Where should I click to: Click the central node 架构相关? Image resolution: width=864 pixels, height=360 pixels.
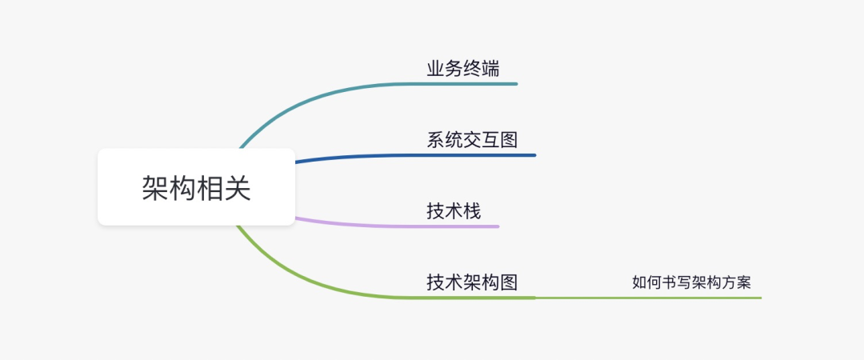(x=196, y=187)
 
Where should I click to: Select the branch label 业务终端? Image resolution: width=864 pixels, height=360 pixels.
(x=463, y=68)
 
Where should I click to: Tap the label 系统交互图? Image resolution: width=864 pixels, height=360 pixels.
(x=472, y=139)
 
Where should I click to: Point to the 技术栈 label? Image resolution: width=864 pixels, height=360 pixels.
(x=454, y=211)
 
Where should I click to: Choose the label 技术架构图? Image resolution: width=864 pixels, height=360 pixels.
(x=472, y=282)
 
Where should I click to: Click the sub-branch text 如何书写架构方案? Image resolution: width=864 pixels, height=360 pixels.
(x=691, y=282)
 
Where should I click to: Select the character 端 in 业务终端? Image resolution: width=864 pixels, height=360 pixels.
(x=490, y=68)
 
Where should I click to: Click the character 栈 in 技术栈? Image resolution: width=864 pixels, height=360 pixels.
(x=472, y=211)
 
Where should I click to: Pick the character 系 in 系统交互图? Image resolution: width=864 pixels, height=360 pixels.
(x=436, y=139)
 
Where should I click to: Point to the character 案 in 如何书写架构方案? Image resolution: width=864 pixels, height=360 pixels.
(x=744, y=282)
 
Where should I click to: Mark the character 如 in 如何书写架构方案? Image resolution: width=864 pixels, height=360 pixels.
(x=639, y=282)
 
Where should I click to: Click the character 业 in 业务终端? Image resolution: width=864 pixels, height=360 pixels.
(x=436, y=68)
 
